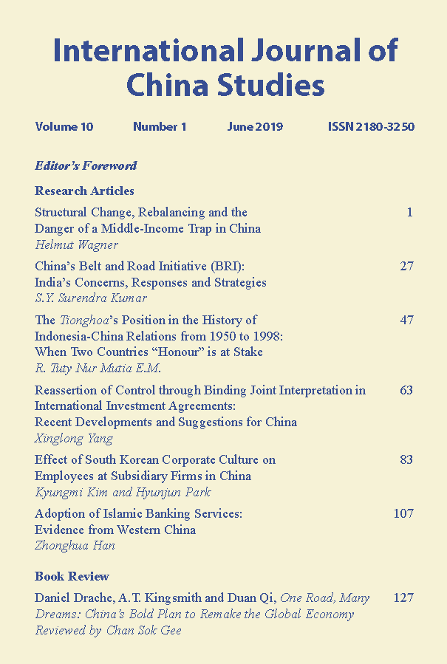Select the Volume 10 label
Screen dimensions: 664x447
64,127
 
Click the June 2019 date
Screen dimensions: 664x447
250,127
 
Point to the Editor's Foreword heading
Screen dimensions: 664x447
86,165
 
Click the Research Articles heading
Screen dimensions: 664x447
84,191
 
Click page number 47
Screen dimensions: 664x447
406,320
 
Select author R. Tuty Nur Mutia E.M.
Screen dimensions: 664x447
98,369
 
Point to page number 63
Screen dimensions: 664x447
406,390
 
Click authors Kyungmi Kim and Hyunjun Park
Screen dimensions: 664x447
123,492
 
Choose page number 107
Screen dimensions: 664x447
403,513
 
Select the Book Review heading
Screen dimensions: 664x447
72,576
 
